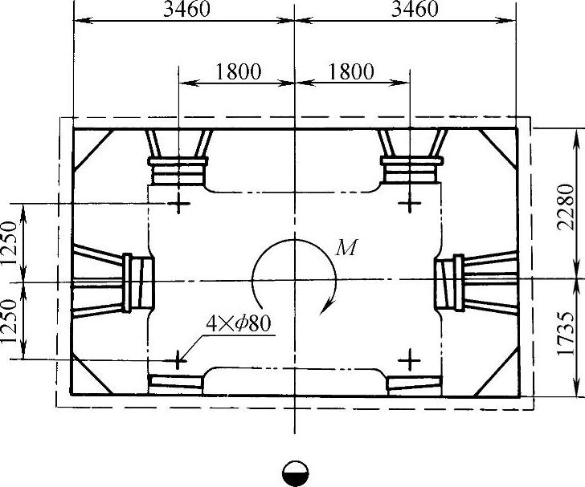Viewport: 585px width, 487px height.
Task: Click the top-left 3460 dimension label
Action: coord(187,10)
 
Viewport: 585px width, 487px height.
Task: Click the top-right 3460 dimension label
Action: coord(415,10)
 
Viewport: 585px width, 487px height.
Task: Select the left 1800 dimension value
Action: coord(239,71)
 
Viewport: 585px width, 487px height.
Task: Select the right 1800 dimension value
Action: coord(351,71)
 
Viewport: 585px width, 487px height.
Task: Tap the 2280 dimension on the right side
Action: coord(565,206)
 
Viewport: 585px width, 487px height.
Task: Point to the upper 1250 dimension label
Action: coord(9,242)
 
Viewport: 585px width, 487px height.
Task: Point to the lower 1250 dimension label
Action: coord(9,321)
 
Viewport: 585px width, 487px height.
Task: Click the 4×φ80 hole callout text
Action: coord(238,323)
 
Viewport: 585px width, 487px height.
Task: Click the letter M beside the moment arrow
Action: coord(346,247)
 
